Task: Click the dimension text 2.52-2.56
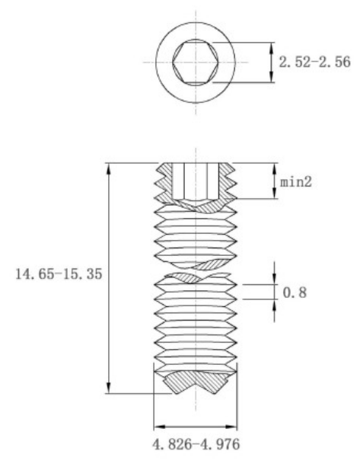click(314, 62)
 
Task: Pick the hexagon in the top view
click(194, 59)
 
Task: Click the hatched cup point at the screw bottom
click(196, 382)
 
